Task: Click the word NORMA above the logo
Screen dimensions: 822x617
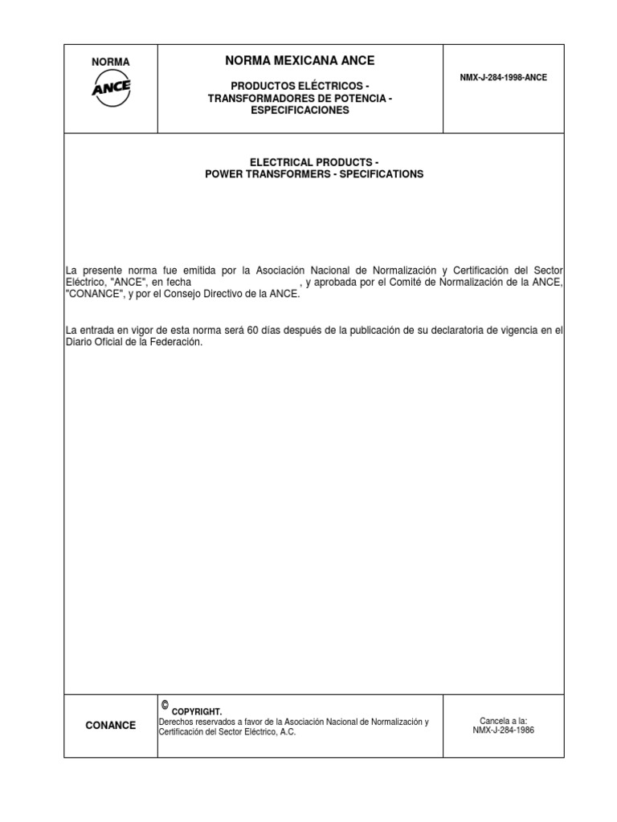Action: [x=111, y=62]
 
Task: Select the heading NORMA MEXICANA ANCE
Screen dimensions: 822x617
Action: [x=300, y=60]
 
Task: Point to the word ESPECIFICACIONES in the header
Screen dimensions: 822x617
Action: [x=300, y=111]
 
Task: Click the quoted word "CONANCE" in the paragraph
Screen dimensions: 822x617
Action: [x=94, y=295]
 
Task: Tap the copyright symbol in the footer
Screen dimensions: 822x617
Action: [x=165, y=705]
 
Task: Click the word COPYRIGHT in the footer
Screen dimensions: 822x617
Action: [x=197, y=711]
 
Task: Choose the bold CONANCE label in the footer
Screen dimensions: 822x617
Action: [x=111, y=726]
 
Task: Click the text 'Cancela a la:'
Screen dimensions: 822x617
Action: [x=504, y=721]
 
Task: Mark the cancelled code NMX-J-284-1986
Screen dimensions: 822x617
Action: [x=504, y=731]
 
